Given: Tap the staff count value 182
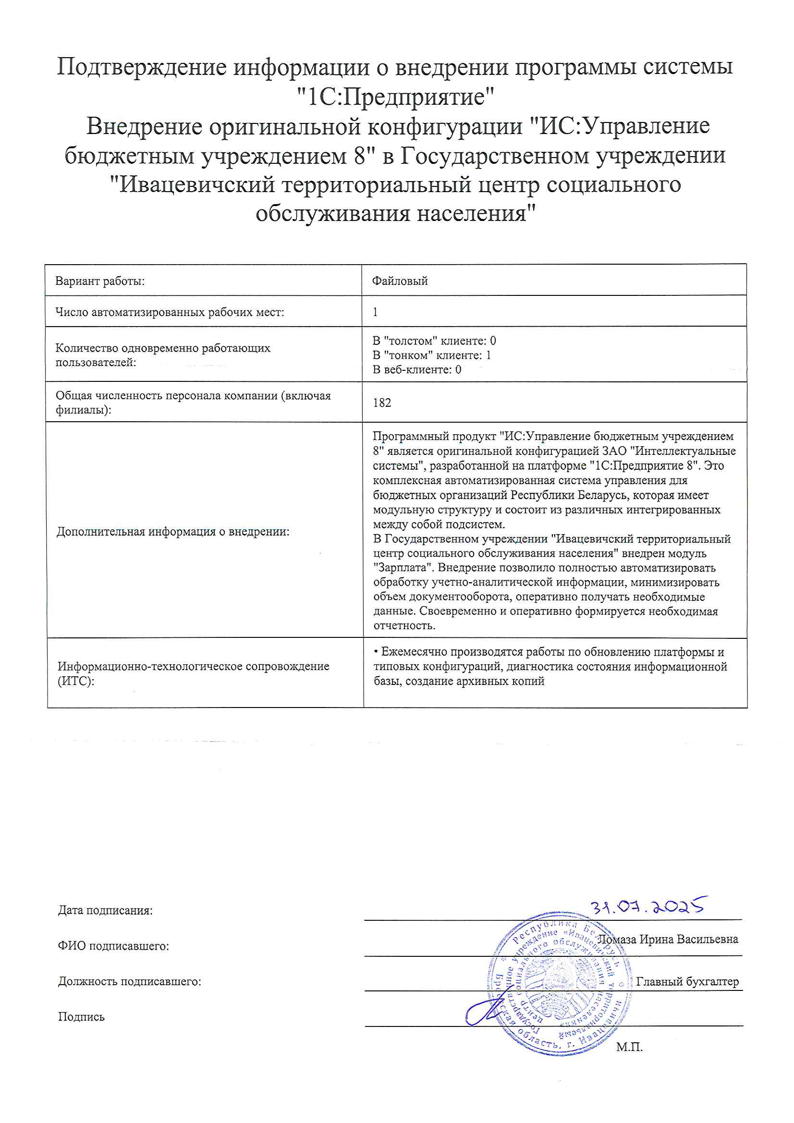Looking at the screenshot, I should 381,403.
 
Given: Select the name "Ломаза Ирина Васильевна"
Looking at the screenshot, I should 668,939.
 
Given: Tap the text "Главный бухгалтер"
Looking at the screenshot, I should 687,981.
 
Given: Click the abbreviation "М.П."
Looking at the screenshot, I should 630,1047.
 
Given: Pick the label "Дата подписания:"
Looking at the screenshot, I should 105,910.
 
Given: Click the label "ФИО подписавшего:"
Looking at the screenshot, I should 113,946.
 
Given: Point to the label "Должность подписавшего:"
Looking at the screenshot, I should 130,981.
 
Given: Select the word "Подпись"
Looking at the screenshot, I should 81,1016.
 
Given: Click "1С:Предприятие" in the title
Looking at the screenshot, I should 397,97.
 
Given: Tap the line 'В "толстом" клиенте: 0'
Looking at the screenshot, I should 434,341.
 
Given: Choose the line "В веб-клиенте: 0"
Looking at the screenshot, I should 417,370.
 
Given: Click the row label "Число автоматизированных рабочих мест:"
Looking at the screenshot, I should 170,312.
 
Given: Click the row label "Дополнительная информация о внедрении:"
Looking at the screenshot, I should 173,532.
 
